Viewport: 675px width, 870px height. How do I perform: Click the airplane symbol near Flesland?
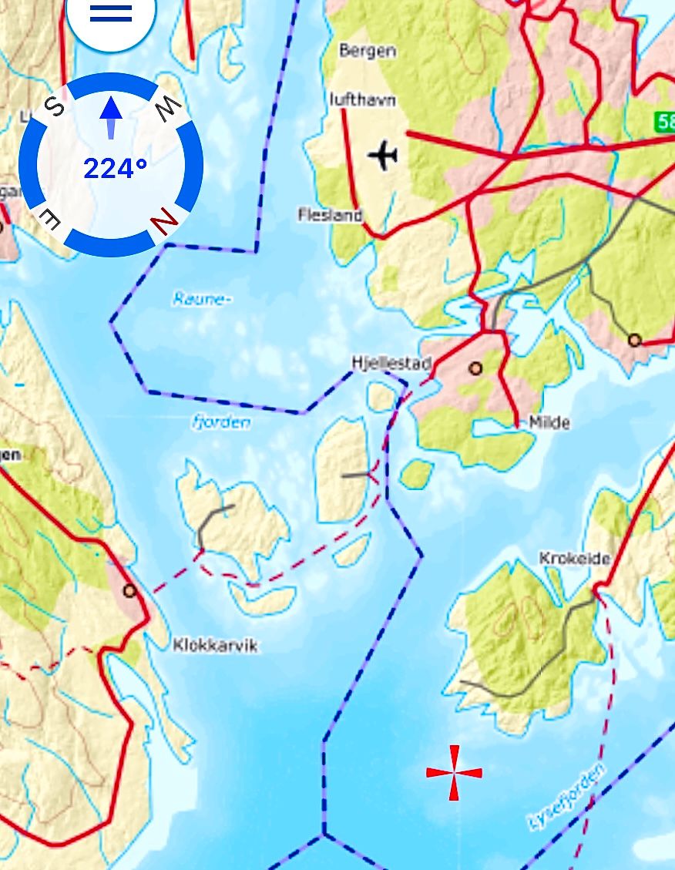[x=382, y=155]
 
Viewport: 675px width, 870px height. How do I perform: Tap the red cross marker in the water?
[x=454, y=772]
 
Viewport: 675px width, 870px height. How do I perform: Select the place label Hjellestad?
[x=391, y=362]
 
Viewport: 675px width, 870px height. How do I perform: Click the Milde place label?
[x=549, y=422]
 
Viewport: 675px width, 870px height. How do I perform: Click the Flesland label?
[x=330, y=215]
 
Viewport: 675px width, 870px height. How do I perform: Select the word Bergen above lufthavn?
[x=368, y=51]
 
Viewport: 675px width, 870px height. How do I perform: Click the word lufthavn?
[x=362, y=99]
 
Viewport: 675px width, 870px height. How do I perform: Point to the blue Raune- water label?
[x=202, y=299]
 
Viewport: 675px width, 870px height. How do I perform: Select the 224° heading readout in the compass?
[x=115, y=168]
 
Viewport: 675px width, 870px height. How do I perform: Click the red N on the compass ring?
[x=164, y=221]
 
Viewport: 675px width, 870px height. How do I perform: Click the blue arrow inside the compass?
[x=112, y=116]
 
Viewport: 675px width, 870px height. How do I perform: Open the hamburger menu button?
[x=111, y=13]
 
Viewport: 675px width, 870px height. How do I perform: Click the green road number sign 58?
[x=666, y=121]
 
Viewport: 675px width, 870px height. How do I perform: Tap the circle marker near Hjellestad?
[x=475, y=368]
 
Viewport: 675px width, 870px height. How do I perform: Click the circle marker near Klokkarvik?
[x=130, y=591]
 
